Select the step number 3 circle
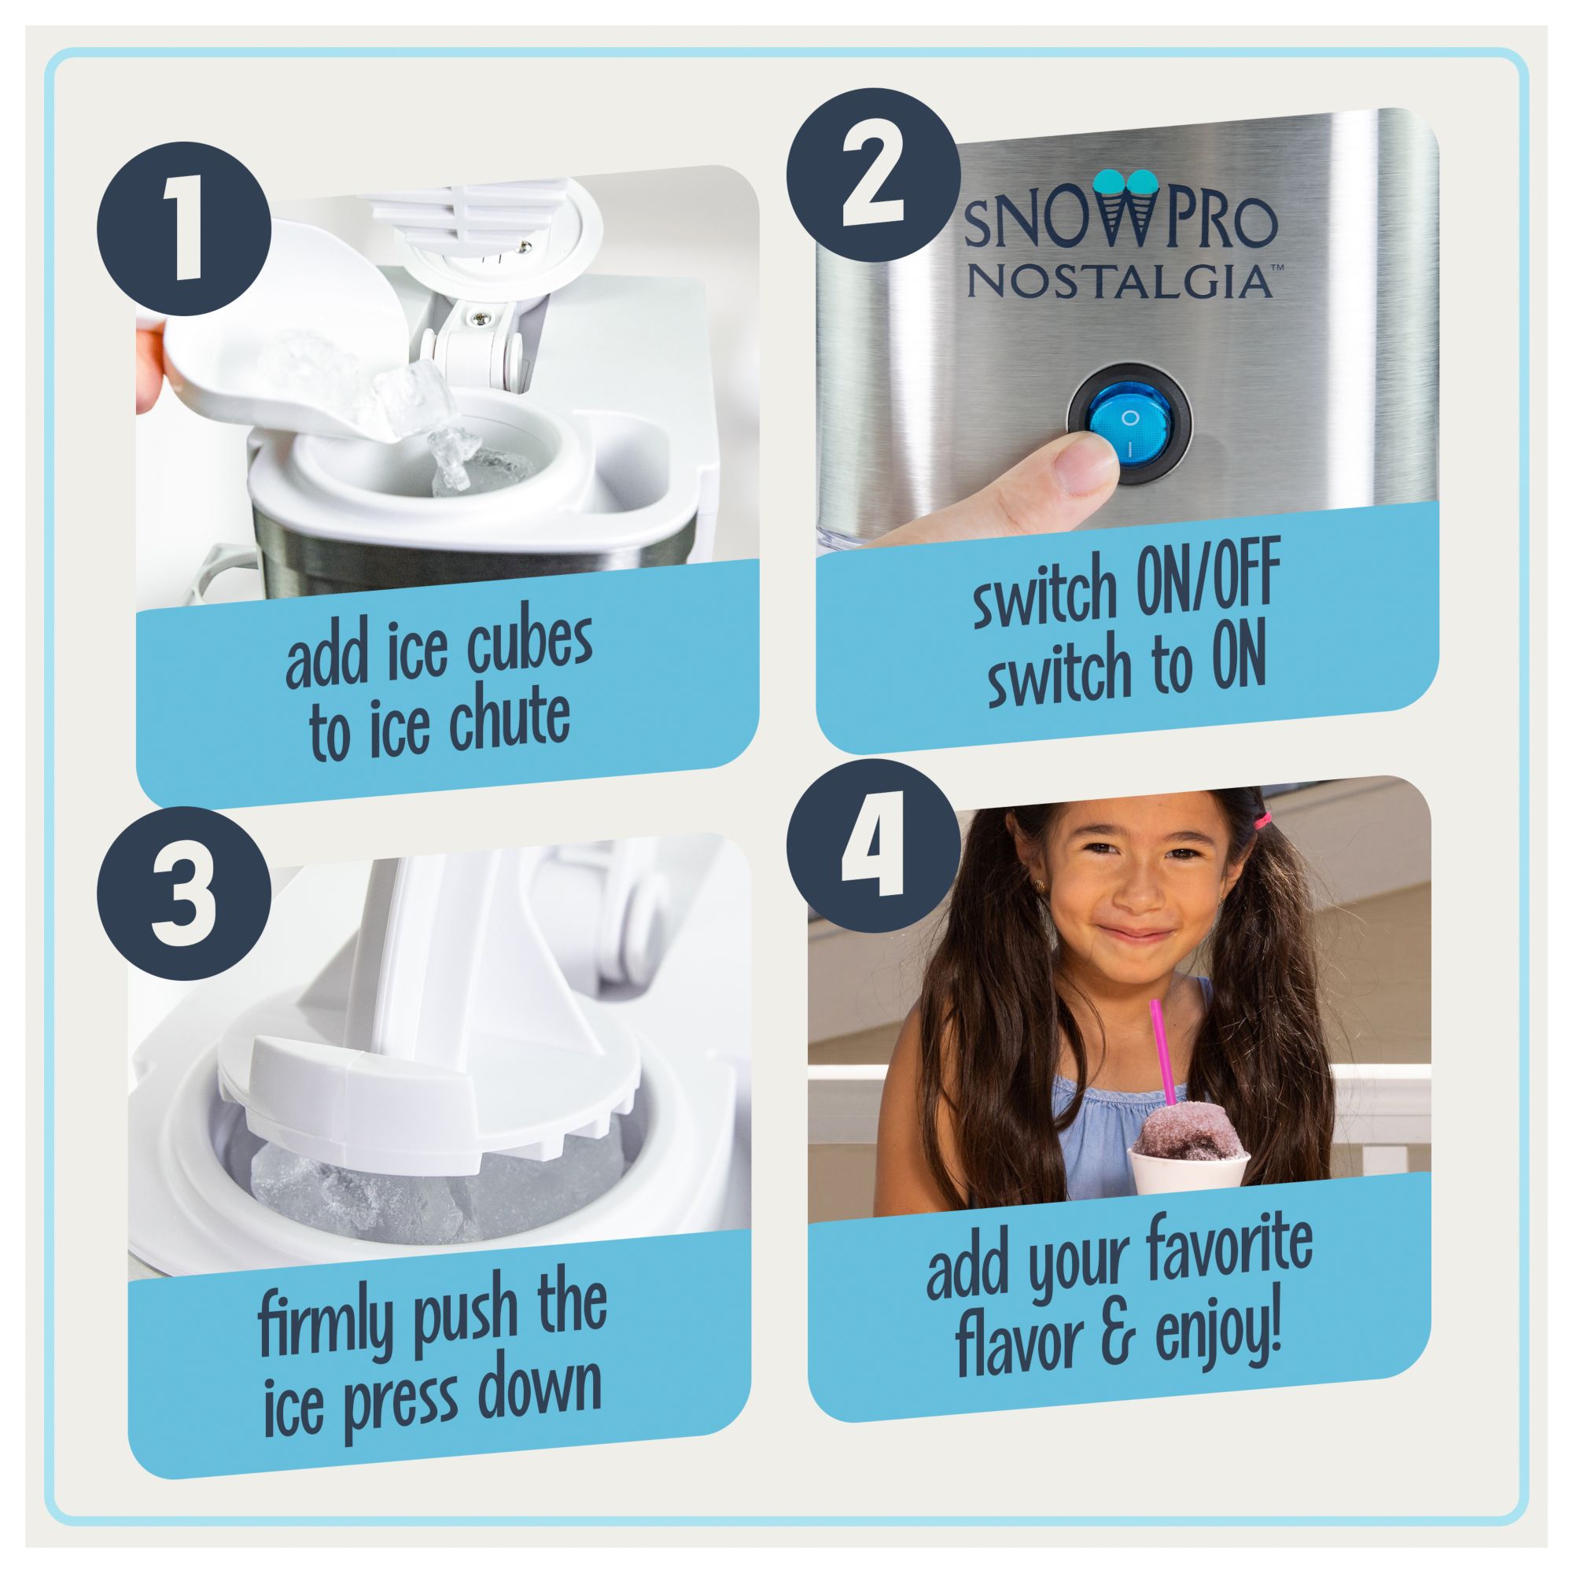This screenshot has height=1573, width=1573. click(x=184, y=896)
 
